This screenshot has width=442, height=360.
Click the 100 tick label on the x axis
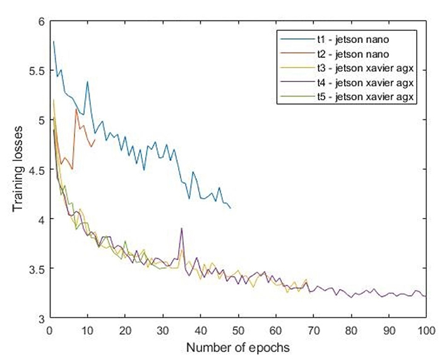tap(427, 329)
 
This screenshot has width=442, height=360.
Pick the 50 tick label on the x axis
tap(239, 329)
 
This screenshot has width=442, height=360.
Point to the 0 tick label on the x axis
tap(50, 329)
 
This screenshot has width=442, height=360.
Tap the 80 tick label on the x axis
tap(352, 329)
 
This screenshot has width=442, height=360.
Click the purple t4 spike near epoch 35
tap(182, 228)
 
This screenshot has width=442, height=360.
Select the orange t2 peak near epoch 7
tap(76, 109)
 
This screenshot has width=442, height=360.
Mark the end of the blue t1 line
tap(230, 208)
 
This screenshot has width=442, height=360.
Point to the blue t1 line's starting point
tap(54, 41)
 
